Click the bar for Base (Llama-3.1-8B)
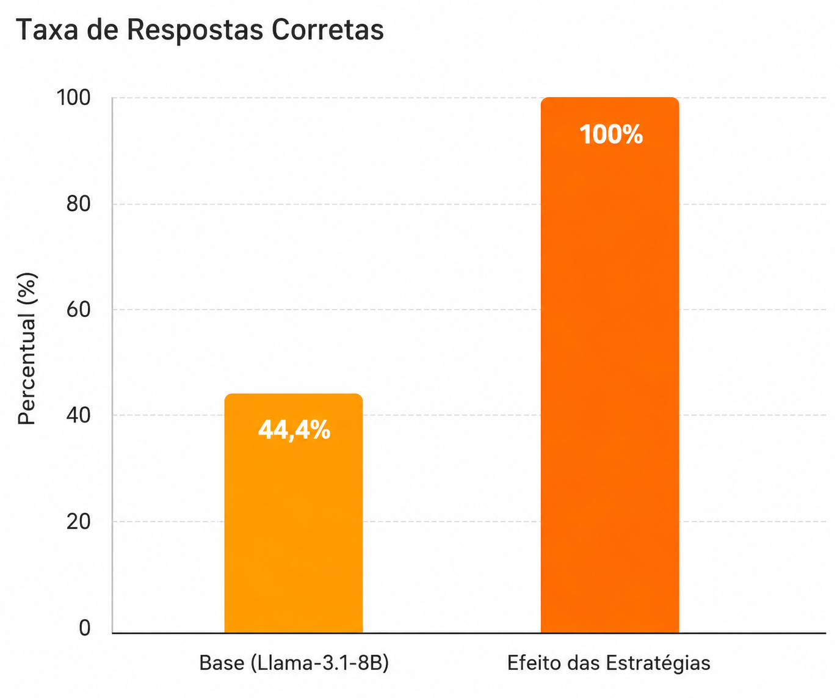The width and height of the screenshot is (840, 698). pos(293,513)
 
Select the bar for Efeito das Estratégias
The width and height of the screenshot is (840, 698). pos(610,365)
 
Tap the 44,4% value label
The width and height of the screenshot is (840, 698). pos(294,430)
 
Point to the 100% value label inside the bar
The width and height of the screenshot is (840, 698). pos(610,134)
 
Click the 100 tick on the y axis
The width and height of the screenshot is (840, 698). pos(74,98)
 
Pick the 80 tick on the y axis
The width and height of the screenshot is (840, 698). pos(79,204)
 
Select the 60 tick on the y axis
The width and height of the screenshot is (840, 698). pos(79,310)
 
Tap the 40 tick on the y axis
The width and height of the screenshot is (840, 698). pos(79,415)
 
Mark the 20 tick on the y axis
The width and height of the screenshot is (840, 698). pos(79,522)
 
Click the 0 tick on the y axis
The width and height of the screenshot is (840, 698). pos(84,628)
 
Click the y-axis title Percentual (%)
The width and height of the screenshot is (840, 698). pos(27,349)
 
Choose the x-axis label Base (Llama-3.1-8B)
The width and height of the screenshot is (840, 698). pos(294,663)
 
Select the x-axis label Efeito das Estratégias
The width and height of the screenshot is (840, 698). pos(609,663)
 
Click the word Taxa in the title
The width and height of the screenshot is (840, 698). pos(46,29)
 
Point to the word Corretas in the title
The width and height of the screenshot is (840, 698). pos(328,29)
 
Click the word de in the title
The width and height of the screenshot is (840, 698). pos(102,29)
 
